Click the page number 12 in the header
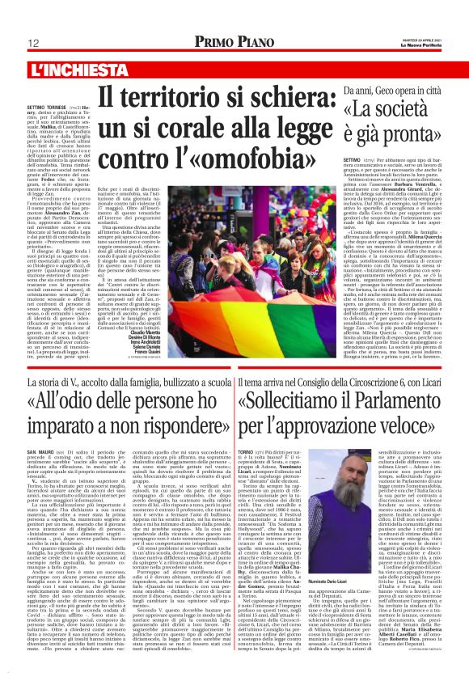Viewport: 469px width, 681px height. click(x=35, y=44)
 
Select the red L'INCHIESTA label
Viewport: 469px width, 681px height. click(x=61, y=71)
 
